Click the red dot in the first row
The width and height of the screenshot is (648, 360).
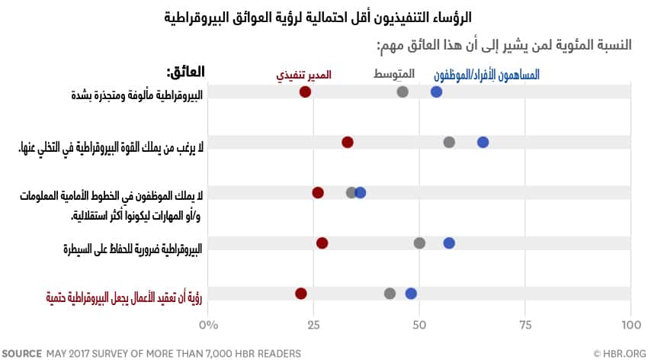point(305,92)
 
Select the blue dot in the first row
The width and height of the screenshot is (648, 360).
point(436,92)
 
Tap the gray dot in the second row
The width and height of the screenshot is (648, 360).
point(449,142)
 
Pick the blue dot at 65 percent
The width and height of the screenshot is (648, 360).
point(483,142)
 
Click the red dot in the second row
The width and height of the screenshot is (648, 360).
point(348,142)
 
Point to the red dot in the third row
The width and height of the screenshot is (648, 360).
point(318,192)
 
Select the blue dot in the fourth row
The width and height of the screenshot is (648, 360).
point(449,243)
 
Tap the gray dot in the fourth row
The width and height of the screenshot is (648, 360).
point(419,243)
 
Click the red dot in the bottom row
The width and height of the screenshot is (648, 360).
point(301,294)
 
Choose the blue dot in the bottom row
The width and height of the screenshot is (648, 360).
point(411,294)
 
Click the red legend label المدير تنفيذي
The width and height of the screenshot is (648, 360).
point(303,75)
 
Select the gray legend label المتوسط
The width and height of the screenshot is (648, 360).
point(394,75)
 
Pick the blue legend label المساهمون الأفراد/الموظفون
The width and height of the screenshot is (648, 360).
point(486,75)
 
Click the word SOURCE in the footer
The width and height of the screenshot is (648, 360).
point(22,353)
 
